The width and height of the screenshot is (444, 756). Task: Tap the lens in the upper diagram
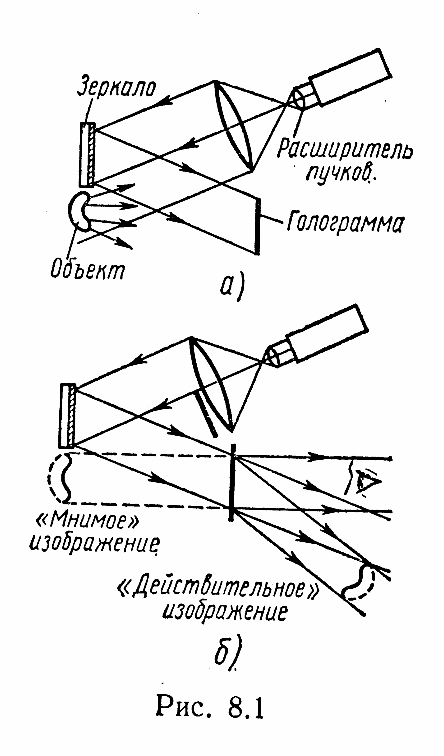[x=234, y=126]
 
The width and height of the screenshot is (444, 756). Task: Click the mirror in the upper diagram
[x=87, y=154]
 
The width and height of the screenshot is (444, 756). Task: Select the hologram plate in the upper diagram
[x=257, y=227]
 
